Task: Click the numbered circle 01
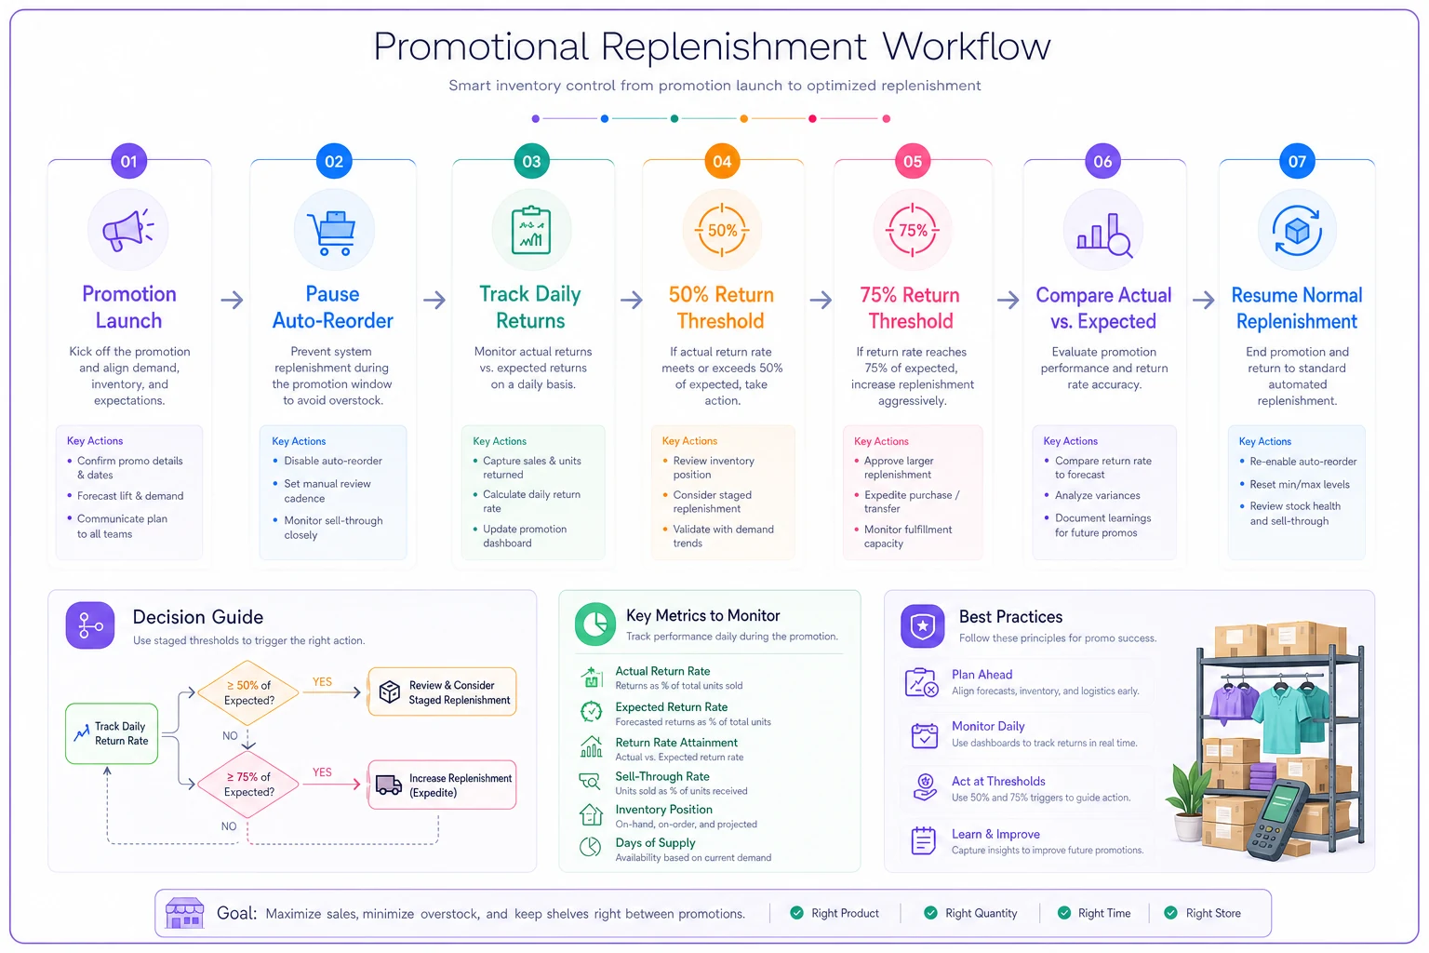pyautogui.click(x=129, y=162)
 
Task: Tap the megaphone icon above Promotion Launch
pyautogui.click(x=127, y=230)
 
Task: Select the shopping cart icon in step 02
pyautogui.click(x=333, y=233)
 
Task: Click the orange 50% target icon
pyautogui.click(x=722, y=231)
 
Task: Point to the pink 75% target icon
pyautogui.click(x=913, y=231)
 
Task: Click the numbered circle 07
pyautogui.click(x=1297, y=162)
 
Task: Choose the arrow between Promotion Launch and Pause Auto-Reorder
pyautogui.click(x=233, y=300)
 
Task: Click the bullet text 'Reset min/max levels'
pyautogui.click(x=1300, y=485)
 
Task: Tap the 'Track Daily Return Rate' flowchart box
pyautogui.click(x=112, y=733)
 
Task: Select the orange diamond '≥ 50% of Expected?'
pyautogui.click(x=248, y=692)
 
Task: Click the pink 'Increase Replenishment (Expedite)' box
pyautogui.click(x=442, y=785)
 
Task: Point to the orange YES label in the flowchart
pyautogui.click(x=322, y=682)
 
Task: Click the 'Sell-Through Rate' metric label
pyautogui.click(x=662, y=777)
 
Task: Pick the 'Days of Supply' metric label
pyautogui.click(x=655, y=842)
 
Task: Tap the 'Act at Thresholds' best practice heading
pyautogui.click(x=998, y=782)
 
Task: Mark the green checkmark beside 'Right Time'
pyautogui.click(x=1064, y=913)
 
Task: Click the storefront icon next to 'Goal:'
pyautogui.click(x=184, y=913)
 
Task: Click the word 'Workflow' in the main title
pyautogui.click(x=967, y=47)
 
